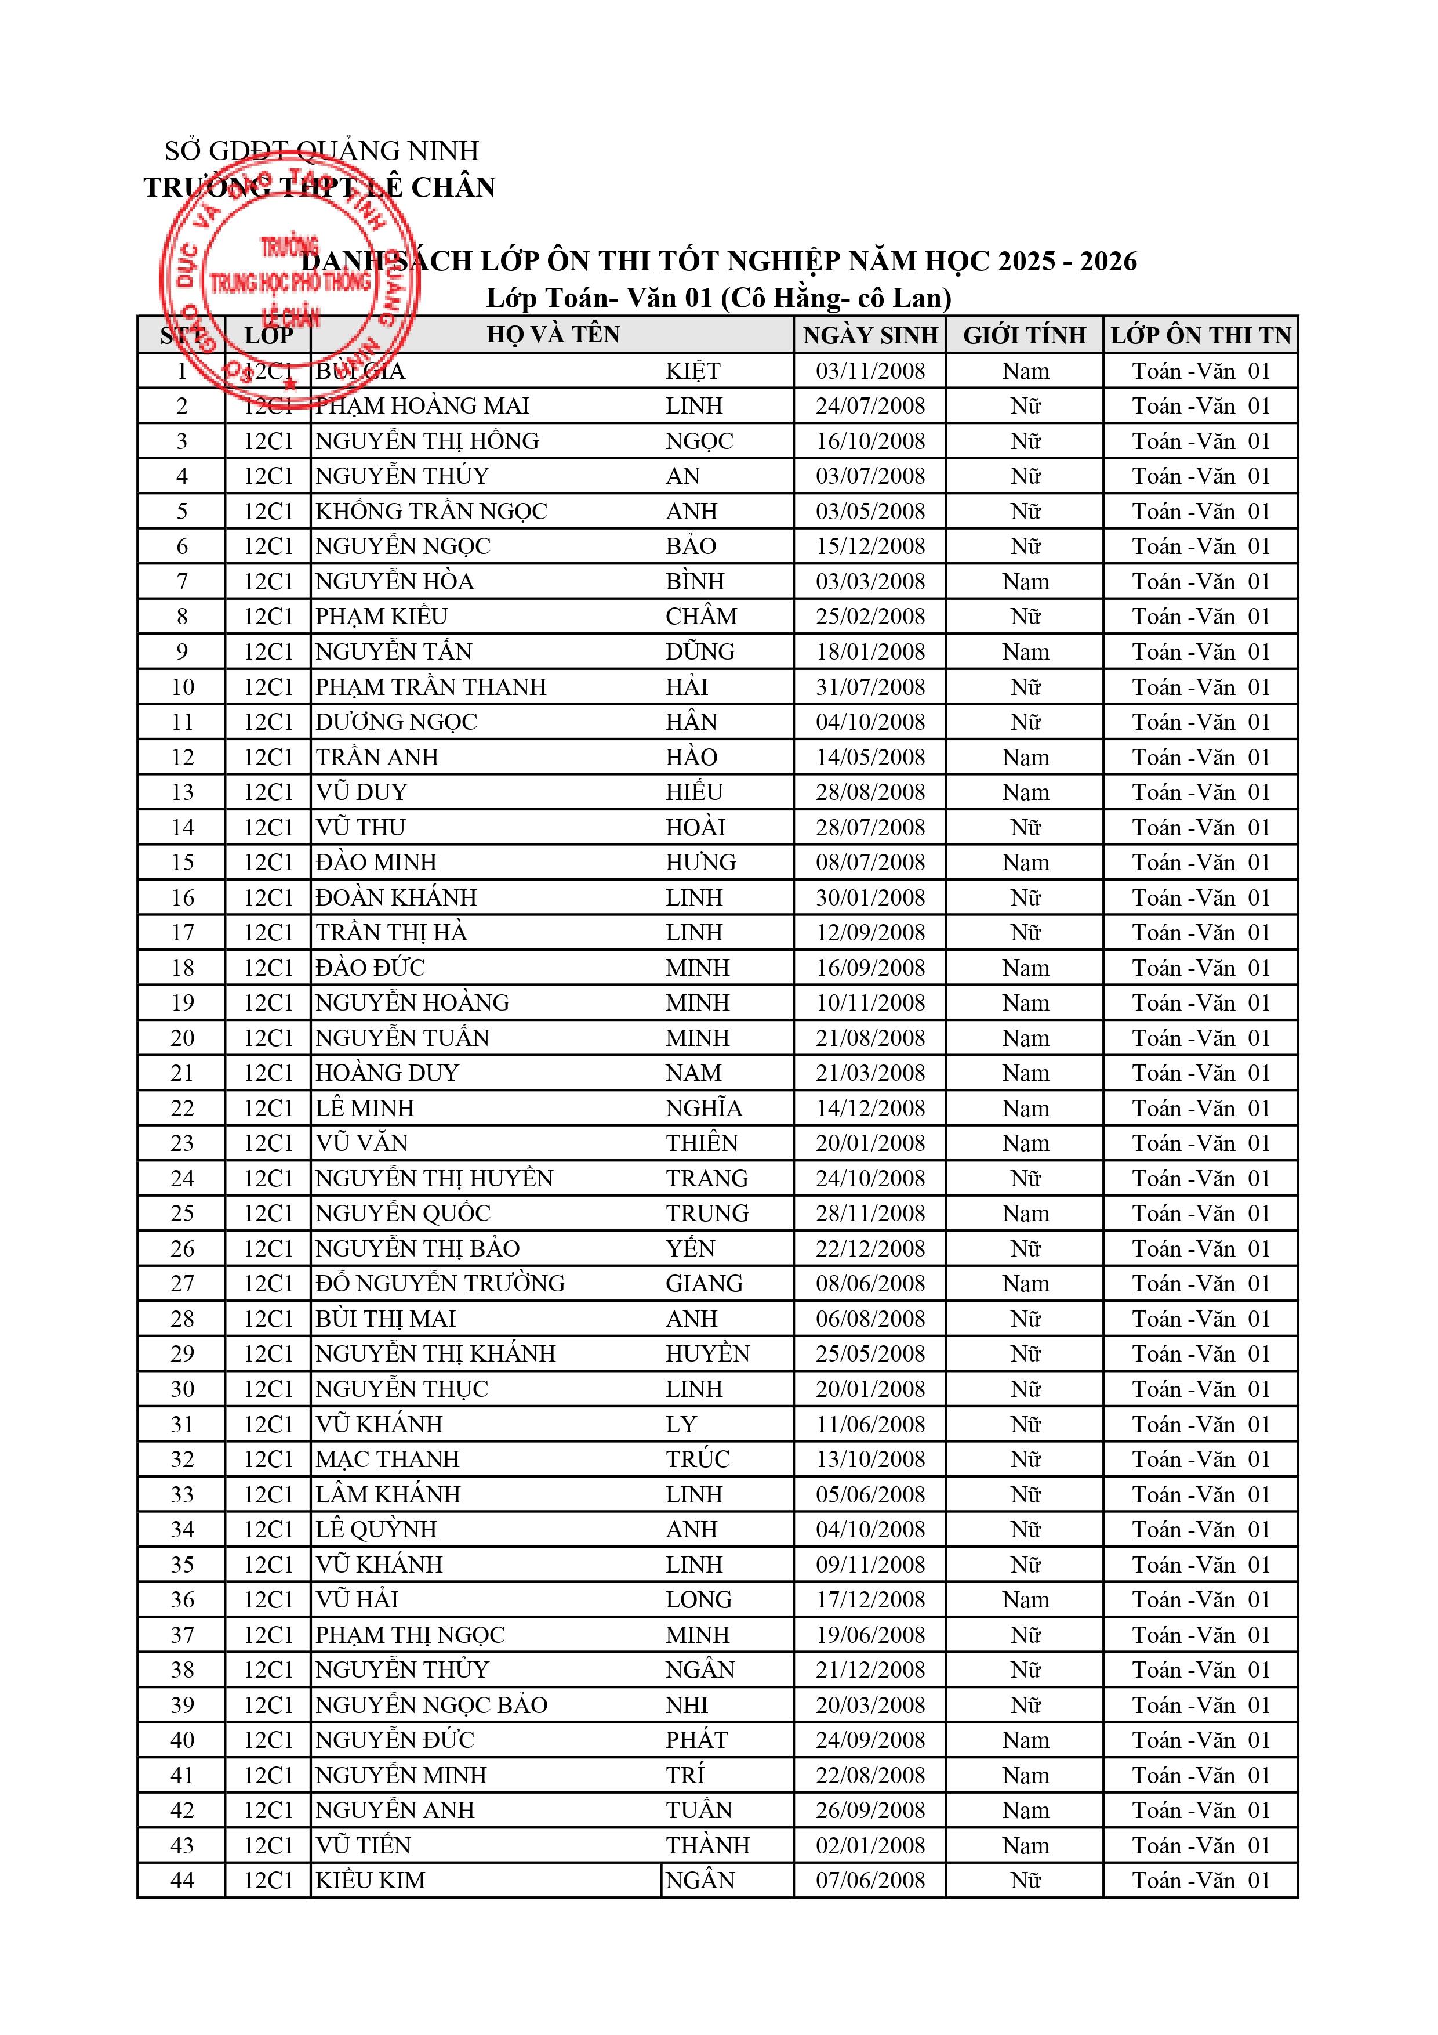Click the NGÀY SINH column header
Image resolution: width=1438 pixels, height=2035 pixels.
point(869,335)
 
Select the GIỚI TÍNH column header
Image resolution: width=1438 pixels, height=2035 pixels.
point(1024,335)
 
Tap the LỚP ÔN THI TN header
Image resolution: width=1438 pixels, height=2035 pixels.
point(1200,335)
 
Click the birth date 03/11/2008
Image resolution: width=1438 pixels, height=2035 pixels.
point(869,371)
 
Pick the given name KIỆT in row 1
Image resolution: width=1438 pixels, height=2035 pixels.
point(693,371)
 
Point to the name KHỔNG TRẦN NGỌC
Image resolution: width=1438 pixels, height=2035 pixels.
point(431,512)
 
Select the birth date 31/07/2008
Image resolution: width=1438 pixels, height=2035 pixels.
point(869,687)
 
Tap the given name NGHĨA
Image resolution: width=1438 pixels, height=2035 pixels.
point(703,1108)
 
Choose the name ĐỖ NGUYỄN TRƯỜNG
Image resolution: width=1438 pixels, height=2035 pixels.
point(440,1283)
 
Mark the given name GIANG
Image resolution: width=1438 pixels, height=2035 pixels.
point(705,1283)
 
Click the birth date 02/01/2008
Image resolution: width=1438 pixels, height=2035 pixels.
point(869,1845)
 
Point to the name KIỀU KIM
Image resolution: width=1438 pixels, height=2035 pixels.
point(371,1881)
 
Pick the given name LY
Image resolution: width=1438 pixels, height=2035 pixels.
point(681,1424)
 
